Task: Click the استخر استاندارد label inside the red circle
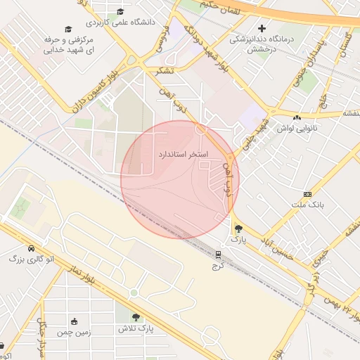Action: click(x=181, y=153)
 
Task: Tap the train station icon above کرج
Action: click(x=218, y=255)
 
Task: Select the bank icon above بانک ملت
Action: click(x=307, y=193)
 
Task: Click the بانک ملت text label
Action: click(x=307, y=205)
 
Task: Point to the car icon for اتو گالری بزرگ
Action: click(x=31, y=248)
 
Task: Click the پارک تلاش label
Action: click(x=135, y=328)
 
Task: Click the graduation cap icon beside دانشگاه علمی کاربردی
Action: click(x=120, y=11)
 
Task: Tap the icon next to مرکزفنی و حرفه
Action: click(x=68, y=29)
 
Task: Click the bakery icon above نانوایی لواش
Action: click(x=296, y=117)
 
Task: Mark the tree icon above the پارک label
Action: click(x=238, y=228)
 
